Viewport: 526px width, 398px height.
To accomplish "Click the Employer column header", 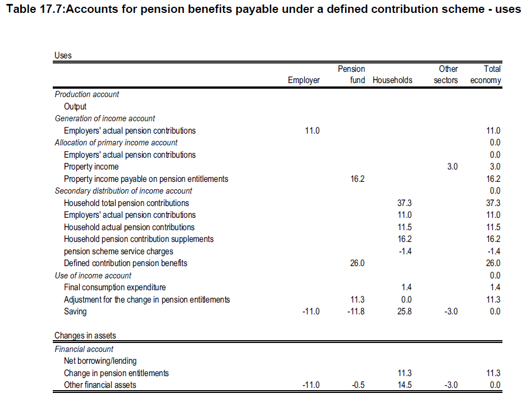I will (304, 80).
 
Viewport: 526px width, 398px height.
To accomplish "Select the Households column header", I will (392, 80).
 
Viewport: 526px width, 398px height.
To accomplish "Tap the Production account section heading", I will (87, 94).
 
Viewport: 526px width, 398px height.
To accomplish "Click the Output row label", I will (75, 107).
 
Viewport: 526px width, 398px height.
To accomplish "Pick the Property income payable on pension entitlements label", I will (146, 179).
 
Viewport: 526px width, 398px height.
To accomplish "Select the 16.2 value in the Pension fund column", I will (358, 179).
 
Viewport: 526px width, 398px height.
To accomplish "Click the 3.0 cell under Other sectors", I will (452, 167).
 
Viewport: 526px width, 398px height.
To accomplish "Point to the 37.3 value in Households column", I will (405, 203).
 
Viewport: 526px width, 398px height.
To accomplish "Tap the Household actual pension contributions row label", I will (129, 227).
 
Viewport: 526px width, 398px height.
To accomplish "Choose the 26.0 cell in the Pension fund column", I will (358, 263).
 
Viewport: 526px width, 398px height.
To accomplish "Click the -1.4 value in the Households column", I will (405, 251).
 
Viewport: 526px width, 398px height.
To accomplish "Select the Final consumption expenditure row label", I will (115, 287).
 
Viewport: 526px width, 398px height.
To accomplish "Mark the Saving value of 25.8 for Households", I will (405, 312).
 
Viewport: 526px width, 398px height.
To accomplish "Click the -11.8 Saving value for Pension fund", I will (355, 312).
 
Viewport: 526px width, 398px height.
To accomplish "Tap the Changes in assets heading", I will (85, 336).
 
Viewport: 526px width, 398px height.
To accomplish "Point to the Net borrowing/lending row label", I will (100, 361).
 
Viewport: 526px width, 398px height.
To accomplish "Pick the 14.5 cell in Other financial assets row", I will (405, 385).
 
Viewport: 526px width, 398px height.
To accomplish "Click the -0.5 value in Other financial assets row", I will (358, 385).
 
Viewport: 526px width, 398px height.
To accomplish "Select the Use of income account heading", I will (93, 276).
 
